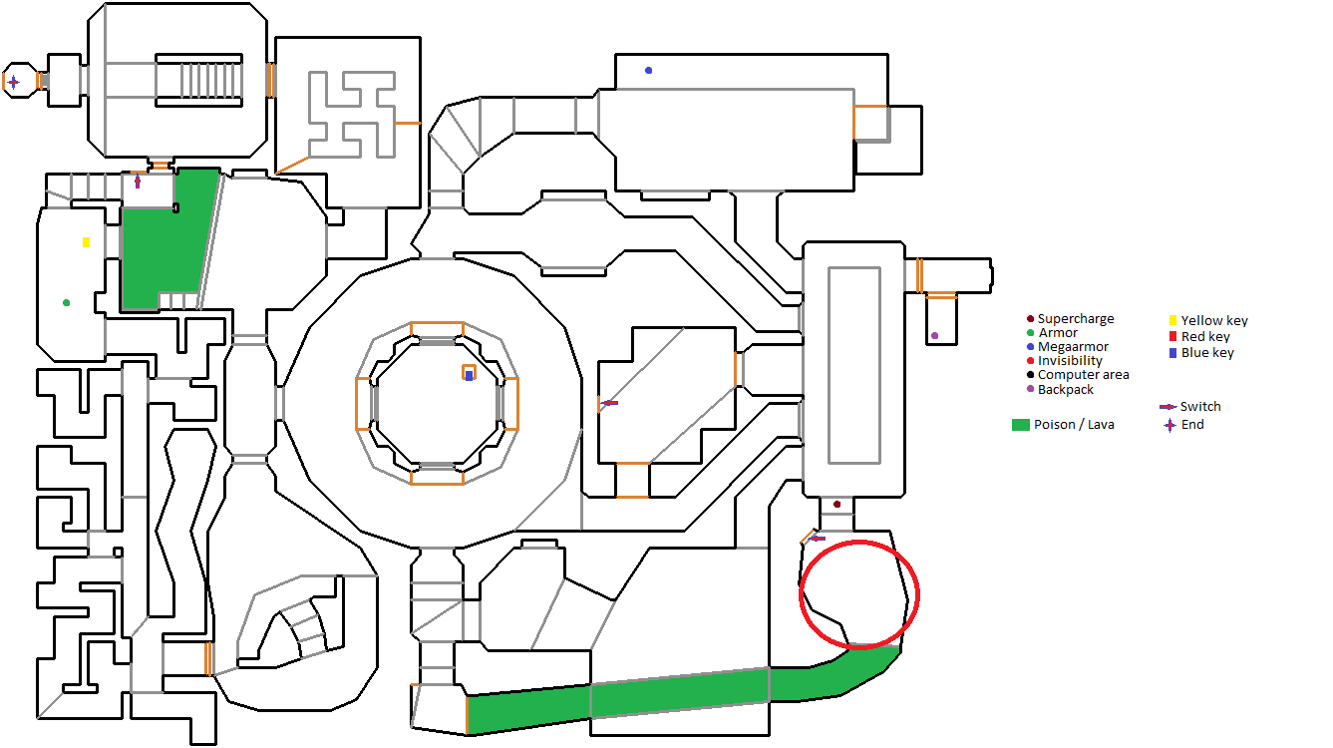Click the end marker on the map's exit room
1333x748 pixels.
pyautogui.click(x=14, y=82)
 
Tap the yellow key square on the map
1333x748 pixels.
pyautogui.click(x=87, y=242)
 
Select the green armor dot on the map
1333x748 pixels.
pyautogui.click(x=66, y=303)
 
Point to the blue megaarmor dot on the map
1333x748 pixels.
pyautogui.click(x=649, y=70)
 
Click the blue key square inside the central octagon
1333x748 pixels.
pyautogui.click(x=469, y=375)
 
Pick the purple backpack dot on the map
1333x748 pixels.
pyautogui.click(x=934, y=336)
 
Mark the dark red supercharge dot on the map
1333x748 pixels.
pyautogui.click(x=836, y=504)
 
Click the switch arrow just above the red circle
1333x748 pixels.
pyautogui.click(x=819, y=539)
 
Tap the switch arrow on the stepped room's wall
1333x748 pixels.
pyautogui.click(x=609, y=403)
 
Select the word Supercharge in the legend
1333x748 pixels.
pyautogui.click(x=1076, y=319)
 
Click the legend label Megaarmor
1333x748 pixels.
pyautogui.click(x=1073, y=346)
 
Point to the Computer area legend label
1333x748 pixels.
pyautogui.click(x=1083, y=375)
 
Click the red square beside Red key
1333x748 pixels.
pyautogui.click(x=1172, y=336)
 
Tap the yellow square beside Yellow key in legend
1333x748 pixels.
pyautogui.click(x=1172, y=320)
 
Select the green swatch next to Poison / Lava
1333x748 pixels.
pyautogui.click(x=1021, y=425)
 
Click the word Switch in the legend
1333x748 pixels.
pyautogui.click(x=1200, y=407)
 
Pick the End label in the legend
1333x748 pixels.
pyautogui.click(x=1192, y=424)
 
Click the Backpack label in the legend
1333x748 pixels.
pyautogui.click(x=1066, y=390)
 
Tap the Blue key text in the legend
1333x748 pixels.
pyautogui.click(x=1207, y=353)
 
